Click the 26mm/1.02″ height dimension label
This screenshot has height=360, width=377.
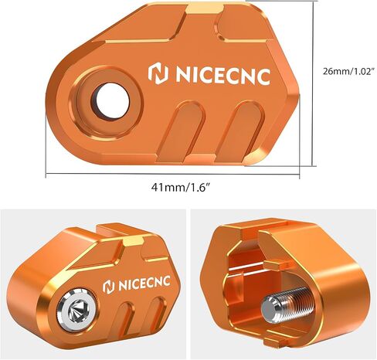pyautogui.click(x=348, y=71)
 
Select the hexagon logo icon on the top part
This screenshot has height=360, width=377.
pyautogui.click(x=158, y=75)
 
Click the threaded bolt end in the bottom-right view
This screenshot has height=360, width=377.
pyautogui.click(x=287, y=304)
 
